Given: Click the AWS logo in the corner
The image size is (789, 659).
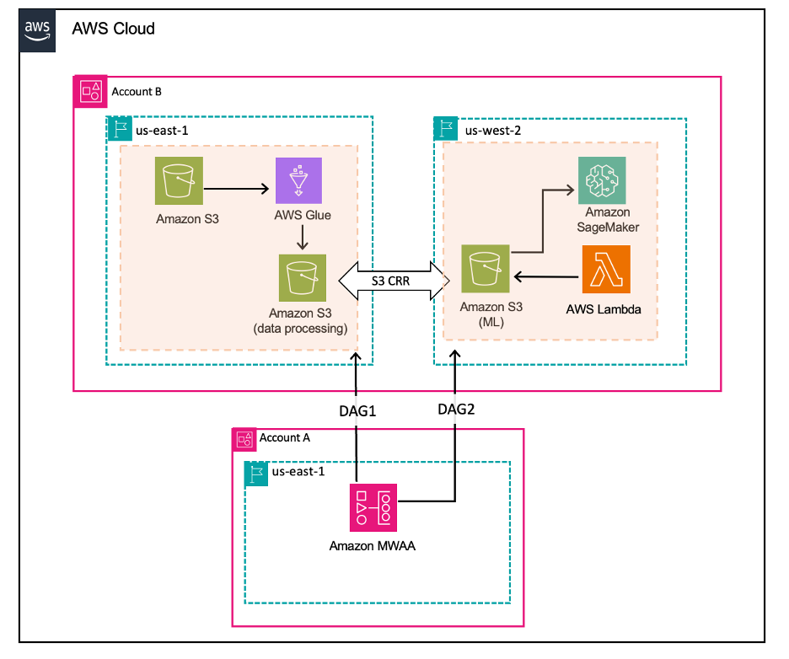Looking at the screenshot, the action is coord(37,30).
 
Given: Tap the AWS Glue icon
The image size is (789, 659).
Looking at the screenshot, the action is coord(298,180).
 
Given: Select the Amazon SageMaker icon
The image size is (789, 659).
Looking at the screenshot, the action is coord(602,180).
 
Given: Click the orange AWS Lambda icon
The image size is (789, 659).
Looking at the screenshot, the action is coord(606,269).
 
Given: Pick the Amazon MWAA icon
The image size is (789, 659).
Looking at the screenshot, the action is coord(373,507).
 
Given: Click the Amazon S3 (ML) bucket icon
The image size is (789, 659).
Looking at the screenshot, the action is coord(486,269).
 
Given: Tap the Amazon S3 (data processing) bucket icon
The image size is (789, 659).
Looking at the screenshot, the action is coord(303,278).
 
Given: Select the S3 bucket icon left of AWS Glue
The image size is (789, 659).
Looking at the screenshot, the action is coord(180,180).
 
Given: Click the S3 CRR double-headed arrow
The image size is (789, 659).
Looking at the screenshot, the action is coord(394,281).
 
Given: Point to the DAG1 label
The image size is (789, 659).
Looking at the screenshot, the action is coord(357,411).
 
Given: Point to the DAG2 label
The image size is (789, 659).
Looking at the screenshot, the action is coord(456,409).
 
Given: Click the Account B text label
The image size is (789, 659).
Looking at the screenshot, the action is coord(137,92).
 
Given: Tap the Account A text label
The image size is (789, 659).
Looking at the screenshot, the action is coord(284,437).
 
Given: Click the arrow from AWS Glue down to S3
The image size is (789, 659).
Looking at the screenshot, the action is coord(303,238).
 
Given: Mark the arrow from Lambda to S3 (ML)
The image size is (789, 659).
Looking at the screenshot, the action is coord(546,276).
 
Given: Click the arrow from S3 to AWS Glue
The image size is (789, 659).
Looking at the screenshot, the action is coord(237,189).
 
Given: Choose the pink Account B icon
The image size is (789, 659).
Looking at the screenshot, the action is coord(90,92).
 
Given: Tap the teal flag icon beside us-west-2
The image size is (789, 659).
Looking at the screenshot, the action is coord(446,129).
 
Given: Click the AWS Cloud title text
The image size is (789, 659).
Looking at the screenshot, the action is coord(113,29).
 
